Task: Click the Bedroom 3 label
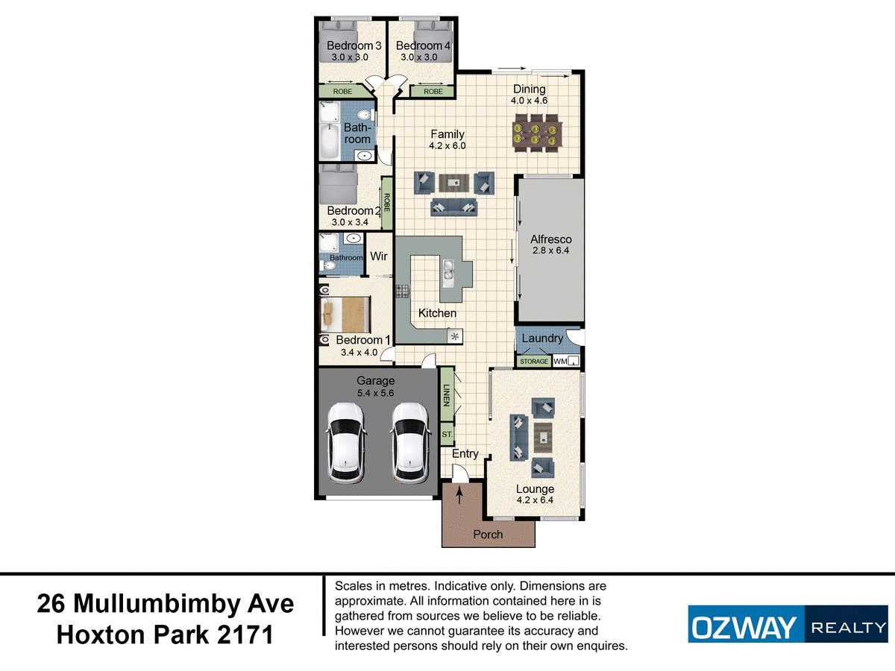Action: click(354, 46)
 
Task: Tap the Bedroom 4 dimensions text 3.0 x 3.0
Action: click(421, 57)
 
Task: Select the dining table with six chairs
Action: click(536, 131)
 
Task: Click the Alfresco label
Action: click(550, 239)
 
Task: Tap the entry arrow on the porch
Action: click(459, 494)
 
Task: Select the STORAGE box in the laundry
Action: click(534, 362)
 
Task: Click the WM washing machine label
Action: click(560, 362)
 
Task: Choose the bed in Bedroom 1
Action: click(347, 314)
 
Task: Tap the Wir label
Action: click(379, 256)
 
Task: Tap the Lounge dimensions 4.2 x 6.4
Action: click(535, 501)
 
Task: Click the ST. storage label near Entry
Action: click(447, 433)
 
